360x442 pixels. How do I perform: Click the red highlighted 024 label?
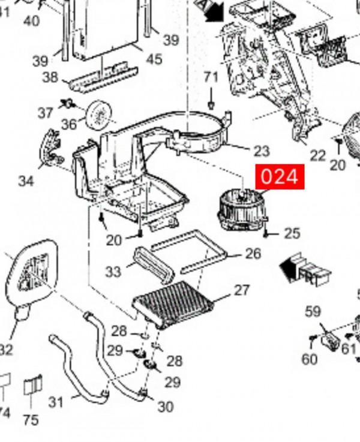pyautogui.click(x=280, y=177)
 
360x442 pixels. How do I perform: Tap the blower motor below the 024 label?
pyautogui.click(x=239, y=210)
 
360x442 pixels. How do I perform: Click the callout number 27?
pyautogui.click(x=241, y=290)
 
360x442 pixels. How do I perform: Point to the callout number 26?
pyautogui.click(x=253, y=254)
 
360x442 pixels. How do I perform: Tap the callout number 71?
pyautogui.click(x=211, y=77)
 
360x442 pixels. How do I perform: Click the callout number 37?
pyautogui.click(x=46, y=113)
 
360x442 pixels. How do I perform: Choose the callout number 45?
pyautogui.click(x=154, y=59)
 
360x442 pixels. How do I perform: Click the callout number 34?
pyautogui.click(x=26, y=181)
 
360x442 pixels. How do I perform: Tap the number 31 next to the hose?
pyautogui.click(x=56, y=401)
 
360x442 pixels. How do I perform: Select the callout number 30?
pyautogui.click(x=165, y=407)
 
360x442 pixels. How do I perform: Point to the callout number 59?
pyautogui.click(x=313, y=312)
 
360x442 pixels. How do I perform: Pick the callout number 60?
pyautogui.click(x=309, y=359)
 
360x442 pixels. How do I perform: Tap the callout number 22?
pyautogui.click(x=317, y=156)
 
